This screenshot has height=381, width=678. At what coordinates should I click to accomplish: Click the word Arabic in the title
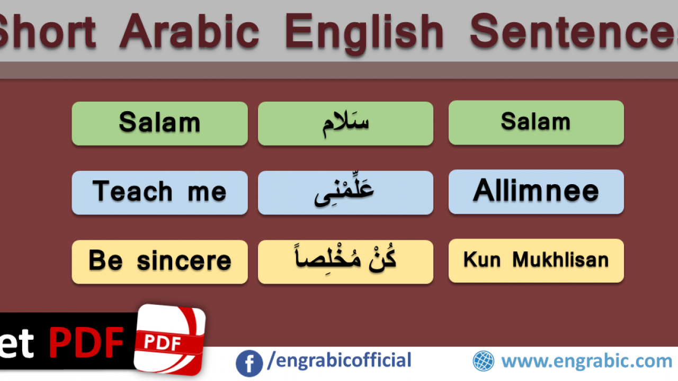[190, 32]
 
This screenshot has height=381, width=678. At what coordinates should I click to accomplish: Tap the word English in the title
[364, 34]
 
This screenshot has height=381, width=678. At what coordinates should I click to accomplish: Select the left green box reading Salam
[160, 124]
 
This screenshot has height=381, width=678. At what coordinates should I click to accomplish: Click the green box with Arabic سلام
[346, 124]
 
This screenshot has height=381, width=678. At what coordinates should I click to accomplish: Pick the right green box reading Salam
[537, 123]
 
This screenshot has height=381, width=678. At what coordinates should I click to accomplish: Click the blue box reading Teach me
[160, 193]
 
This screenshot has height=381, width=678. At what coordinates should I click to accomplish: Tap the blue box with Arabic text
[346, 193]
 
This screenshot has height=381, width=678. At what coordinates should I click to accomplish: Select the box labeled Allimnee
[537, 192]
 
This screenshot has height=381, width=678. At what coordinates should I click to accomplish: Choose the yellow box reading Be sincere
[160, 262]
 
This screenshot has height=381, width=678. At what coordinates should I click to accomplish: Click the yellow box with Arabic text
[346, 262]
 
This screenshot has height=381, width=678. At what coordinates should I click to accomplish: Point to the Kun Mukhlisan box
[537, 261]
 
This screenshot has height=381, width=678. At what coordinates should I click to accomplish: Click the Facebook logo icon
[249, 364]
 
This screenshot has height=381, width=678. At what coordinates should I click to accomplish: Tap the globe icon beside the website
[484, 361]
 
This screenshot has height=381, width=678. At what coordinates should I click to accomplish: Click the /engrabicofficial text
[340, 360]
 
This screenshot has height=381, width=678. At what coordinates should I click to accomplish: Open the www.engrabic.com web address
[586, 361]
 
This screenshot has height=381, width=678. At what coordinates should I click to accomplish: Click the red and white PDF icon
[170, 340]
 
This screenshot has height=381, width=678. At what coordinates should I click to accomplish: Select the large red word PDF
[86, 343]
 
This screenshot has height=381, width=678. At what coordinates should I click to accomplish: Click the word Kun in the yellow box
[482, 260]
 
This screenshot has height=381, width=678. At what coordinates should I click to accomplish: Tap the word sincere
[184, 261]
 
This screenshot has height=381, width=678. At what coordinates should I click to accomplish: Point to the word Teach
[132, 191]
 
